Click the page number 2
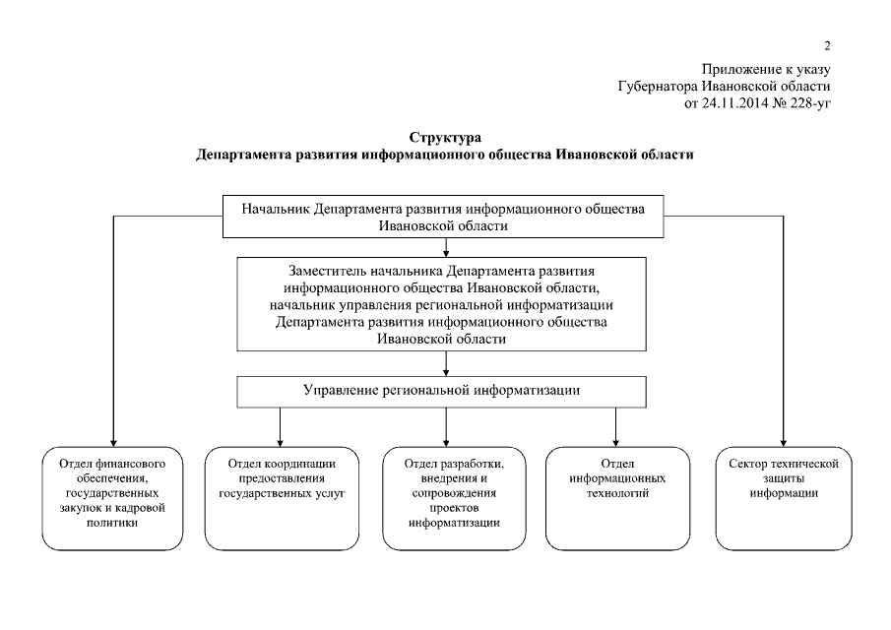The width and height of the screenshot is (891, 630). [829, 45]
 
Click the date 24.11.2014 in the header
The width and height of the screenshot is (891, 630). [738, 102]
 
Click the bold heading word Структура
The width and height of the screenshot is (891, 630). [444, 137]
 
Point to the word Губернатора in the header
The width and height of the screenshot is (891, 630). [658, 86]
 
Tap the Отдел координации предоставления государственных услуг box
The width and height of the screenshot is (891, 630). [283, 498]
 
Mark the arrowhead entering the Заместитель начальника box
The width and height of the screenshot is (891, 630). [447, 252]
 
